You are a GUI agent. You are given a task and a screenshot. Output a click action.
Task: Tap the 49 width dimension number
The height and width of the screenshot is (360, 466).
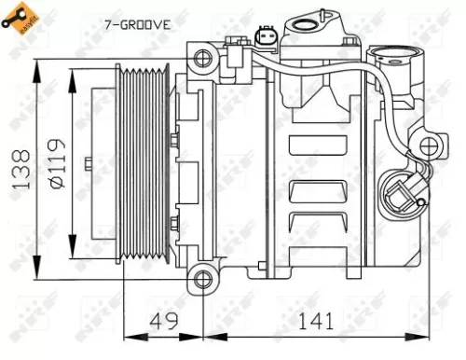pos(164,323)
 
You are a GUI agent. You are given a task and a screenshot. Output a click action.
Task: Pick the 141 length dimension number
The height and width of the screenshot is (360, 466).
pos(318,323)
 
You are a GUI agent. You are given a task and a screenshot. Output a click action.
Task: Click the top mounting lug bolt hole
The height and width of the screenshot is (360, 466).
pos(200,58)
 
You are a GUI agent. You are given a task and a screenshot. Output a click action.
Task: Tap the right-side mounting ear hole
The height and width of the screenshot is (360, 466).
pos(428,147)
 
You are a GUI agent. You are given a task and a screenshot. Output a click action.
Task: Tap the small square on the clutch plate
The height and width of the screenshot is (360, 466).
pos(86,167)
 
